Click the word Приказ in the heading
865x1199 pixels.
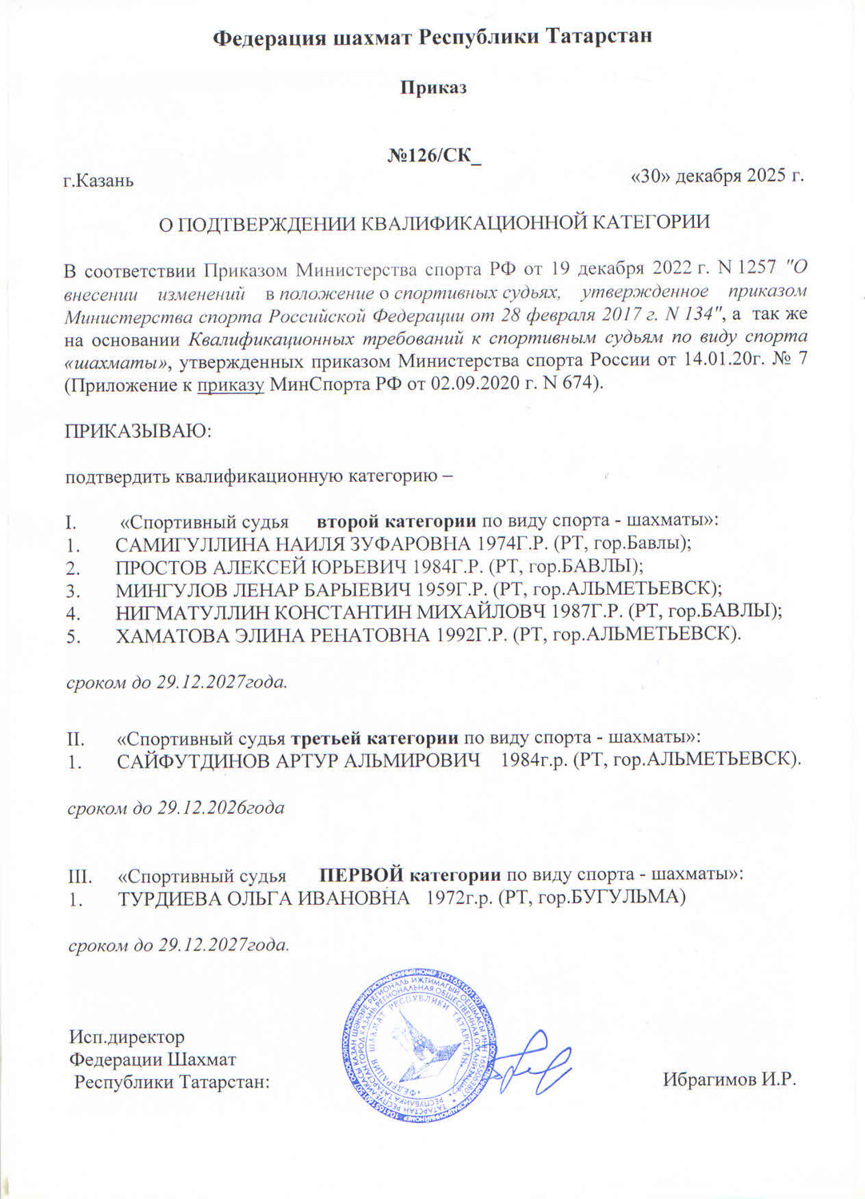click(432, 87)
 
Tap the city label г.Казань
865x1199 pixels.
click(98, 180)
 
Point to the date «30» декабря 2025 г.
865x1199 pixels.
click(717, 176)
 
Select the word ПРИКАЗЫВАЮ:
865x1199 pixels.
click(138, 431)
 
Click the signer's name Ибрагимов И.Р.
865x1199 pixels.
click(729, 1079)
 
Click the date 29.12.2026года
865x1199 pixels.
click(220, 807)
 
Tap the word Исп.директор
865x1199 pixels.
click(126, 1037)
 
